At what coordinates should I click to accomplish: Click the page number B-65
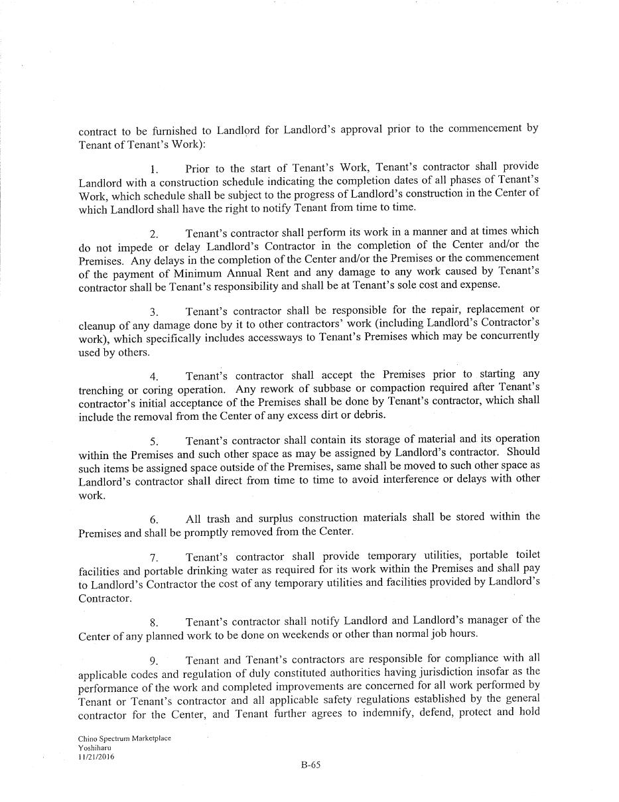(x=310, y=764)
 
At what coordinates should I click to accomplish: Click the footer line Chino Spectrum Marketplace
(x=124, y=738)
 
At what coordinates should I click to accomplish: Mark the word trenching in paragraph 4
(x=101, y=390)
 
